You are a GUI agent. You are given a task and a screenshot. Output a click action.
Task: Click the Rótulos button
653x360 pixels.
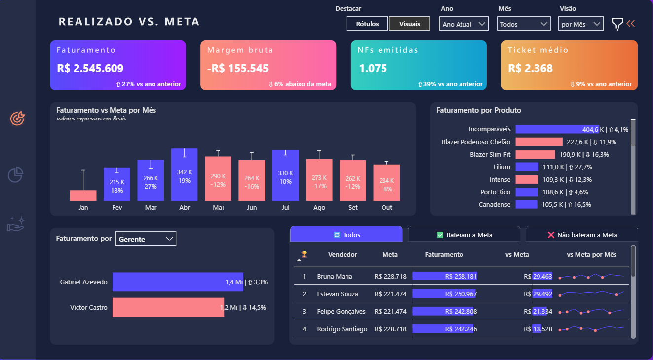click(367, 24)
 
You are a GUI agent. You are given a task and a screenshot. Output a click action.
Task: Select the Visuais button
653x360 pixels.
click(409, 24)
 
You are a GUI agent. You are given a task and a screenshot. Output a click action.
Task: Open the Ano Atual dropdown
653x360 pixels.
click(463, 24)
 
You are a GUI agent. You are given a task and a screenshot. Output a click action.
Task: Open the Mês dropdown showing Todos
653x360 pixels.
click(524, 24)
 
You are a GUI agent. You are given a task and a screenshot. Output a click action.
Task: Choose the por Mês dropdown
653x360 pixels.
click(581, 24)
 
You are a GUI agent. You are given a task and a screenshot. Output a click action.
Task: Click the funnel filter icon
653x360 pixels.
click(617, 24)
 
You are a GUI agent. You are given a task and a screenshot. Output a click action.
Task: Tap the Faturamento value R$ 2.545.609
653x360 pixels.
click(90, 69)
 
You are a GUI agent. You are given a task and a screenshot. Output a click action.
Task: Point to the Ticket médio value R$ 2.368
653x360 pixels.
click(530, 69)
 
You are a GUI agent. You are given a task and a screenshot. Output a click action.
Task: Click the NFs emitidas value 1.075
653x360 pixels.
click(373, 69)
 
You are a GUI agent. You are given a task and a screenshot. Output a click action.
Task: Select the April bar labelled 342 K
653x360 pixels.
click(185, 175)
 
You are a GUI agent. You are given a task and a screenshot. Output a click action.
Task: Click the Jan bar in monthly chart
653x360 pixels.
click(83, 196)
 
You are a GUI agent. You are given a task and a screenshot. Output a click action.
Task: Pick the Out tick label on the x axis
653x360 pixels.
click(387, 208)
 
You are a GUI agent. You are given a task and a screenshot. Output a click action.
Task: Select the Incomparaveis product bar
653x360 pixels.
click(557, 129)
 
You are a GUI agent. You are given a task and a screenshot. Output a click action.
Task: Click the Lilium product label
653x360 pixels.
click(501, 167)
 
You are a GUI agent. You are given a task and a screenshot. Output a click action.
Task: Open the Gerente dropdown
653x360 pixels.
click(146, 239)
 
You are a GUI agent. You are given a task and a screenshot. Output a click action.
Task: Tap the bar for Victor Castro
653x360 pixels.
click(168, 307)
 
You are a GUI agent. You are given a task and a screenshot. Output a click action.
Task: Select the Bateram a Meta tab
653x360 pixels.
click(464, 235)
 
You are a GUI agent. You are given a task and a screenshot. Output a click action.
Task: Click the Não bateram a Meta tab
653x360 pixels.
click(582, 235)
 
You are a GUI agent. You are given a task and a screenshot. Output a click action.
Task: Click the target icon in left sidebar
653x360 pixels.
click(17, 118)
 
